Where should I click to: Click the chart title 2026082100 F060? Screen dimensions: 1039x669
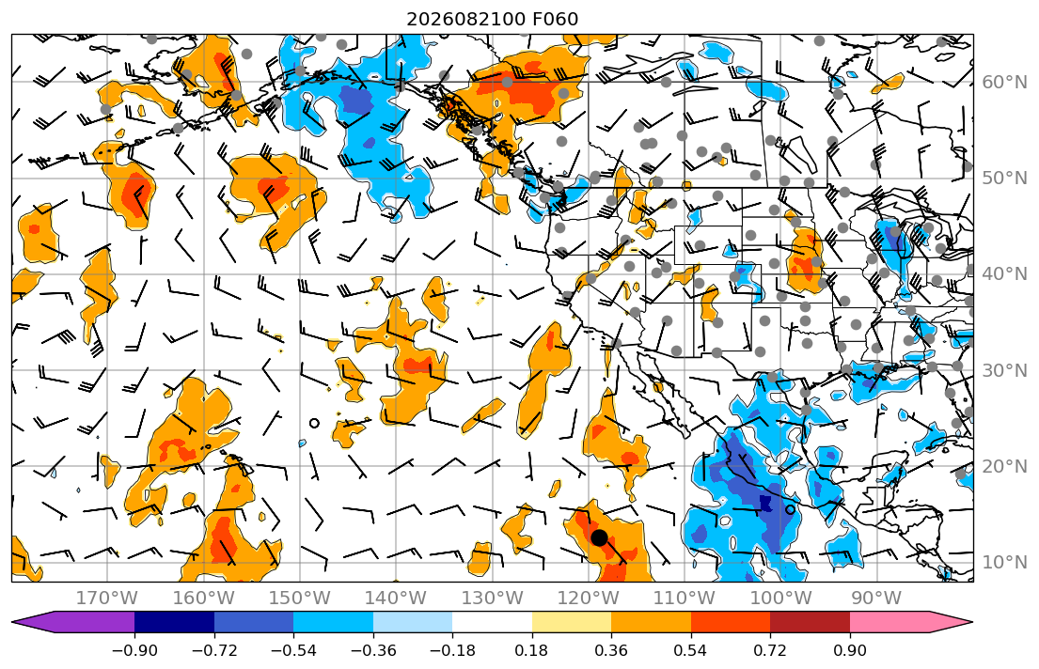(x=492, y=19)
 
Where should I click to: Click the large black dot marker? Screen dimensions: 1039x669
(x=599, y=537)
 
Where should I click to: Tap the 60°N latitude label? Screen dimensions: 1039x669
(x=1004, y=82)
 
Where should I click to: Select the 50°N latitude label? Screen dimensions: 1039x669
(x=1004, y=179)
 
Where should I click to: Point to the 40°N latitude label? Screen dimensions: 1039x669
(x=1004, y=274)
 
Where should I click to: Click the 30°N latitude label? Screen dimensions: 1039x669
(x=1004, y=370)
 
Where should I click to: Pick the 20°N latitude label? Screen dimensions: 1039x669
(x=1004, y=466)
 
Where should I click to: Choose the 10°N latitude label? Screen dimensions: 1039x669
(x=1004, y=563)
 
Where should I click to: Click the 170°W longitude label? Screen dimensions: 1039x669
(x=107, y=599)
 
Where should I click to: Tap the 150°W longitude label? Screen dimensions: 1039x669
(x=300, y=599)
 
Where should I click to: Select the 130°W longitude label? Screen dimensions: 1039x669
(x=492, y=599)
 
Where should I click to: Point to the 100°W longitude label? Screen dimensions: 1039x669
(x=779, y=599)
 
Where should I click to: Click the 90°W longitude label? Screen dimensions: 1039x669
(x=876, y=599)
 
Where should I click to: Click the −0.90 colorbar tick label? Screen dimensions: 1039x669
(x=134, y=650)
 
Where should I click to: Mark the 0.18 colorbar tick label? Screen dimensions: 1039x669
(x=531, y=650)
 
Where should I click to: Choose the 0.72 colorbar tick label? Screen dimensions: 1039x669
(x=770, y=650)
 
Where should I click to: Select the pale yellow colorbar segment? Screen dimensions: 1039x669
(x=571, y=622)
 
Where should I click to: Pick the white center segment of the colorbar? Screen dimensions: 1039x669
(x=493, y=622)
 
